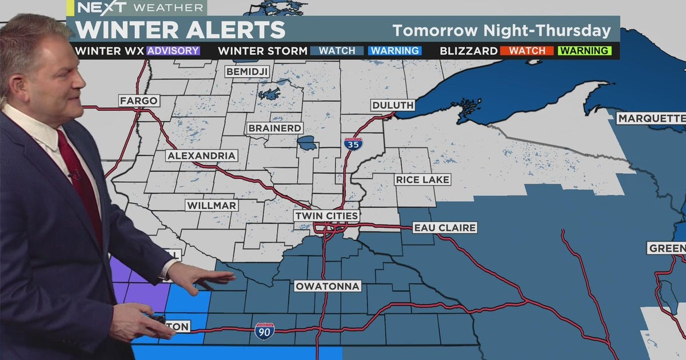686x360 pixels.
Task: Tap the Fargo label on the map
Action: tap(138, 101)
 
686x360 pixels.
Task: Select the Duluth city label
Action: tap(392, 105)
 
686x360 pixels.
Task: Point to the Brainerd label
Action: tap(274, 128)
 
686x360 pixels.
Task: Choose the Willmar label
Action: tap(212, 205)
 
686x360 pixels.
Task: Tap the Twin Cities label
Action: tap(326, 216)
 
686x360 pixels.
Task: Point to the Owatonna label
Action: tap(328, 286)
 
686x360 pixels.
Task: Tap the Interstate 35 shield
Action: tap(353, 143)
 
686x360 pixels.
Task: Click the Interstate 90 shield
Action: tap(264, 331)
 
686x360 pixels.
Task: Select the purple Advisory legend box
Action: tap(173, 51)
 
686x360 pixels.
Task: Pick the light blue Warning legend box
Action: tap(395, 51)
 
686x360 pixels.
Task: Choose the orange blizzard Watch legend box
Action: tap(527, 51)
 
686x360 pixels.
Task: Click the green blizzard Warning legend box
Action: tap(585, 51)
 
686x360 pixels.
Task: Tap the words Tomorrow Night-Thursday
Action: tap(501, 31)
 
